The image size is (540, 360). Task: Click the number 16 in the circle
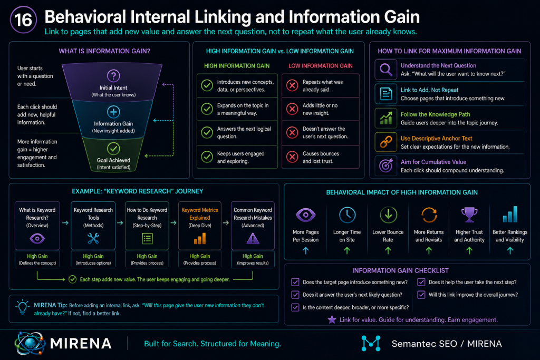click(x=23, y=20)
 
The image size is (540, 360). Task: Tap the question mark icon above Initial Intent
click(x=113, y=76)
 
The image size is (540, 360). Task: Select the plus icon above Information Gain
click(x=113, y=112)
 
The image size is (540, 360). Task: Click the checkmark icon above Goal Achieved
click(x=113, y=149)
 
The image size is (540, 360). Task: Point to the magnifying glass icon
click(x=385, y=70)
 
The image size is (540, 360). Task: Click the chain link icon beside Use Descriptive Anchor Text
click(x=385, y=142)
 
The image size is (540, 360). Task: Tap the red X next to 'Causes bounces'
click(x=292, y=157)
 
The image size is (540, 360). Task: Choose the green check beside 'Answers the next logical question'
click(x=207, y=132)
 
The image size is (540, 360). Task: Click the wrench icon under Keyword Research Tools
click(x=93, y=238)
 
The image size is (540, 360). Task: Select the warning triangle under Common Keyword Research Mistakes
click(x=253, y=238)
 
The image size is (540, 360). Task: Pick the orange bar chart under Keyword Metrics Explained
click(x=200, y=239)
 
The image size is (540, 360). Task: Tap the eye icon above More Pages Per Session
click(x=305, y=215)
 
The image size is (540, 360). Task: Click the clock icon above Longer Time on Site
click(x=347, y=215)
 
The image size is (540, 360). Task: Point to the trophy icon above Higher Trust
click(x=469, y=215)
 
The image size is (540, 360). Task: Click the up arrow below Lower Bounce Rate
click(x=388, y=251)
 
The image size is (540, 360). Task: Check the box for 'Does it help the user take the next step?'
click(x=421, y=282)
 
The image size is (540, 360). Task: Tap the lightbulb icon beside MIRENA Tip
click(x=22, y=307)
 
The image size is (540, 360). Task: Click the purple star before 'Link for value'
click(x=332, y=320)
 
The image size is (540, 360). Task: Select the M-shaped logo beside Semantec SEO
click(x=371, y=344)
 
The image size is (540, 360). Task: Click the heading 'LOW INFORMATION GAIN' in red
click(x=321, y=66)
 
